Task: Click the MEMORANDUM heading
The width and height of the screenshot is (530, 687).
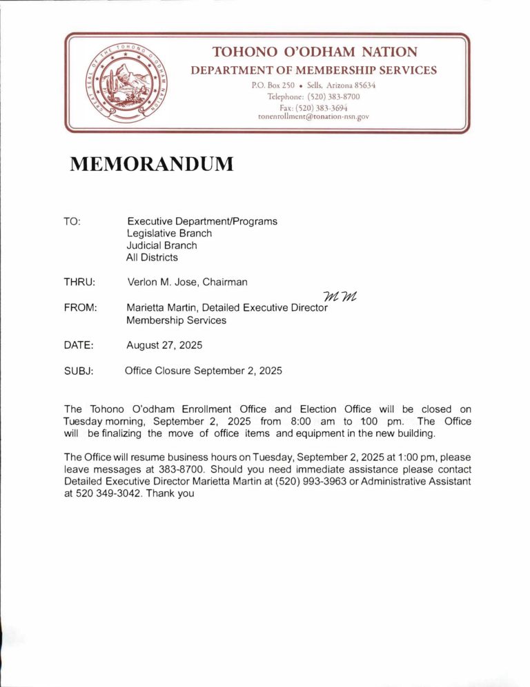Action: coord(151,165)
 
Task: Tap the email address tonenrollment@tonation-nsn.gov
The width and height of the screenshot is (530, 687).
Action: coord(314,117)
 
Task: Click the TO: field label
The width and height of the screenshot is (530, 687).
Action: coord(72,222)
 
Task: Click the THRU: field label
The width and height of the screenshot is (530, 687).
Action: coord(79,282)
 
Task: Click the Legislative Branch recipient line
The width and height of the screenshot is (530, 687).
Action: coord(169,234)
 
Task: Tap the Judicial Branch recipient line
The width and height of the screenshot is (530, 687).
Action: coord(161,245)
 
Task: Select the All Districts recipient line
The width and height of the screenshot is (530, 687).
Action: coord(152,258)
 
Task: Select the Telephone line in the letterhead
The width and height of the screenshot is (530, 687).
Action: coord(314,96)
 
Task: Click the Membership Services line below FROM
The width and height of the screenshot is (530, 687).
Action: coord(176,320)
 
